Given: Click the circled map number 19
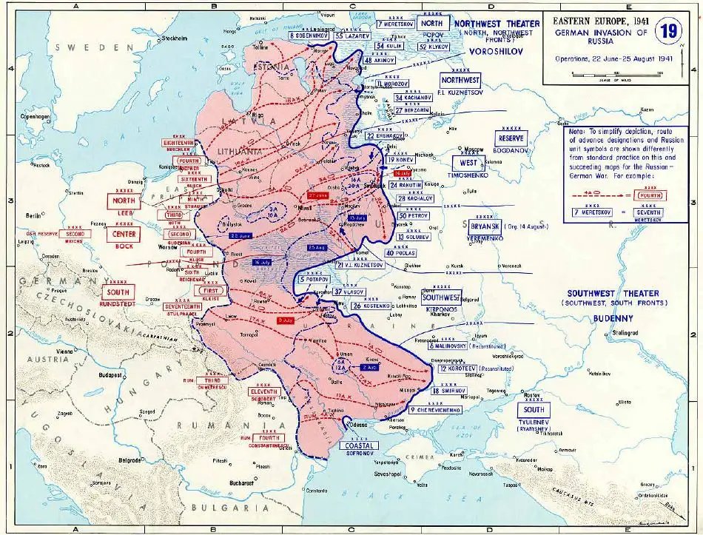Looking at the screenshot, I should click(668, 31).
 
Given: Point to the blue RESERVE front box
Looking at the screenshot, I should click(511, 138).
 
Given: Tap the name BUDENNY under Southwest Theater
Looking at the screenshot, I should click(609, 318).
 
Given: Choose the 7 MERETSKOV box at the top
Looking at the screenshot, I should click(394, 24).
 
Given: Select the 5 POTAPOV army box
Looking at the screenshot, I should click(314, 280).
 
